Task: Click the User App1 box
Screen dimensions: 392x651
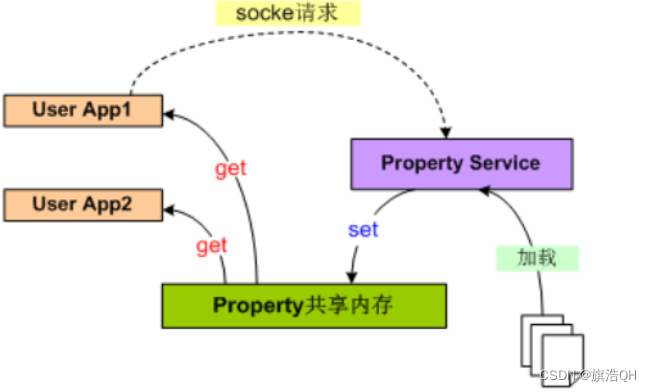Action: (x=83, y=108)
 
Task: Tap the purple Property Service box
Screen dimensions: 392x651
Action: (x=461, y=163)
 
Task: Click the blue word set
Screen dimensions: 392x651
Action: (x=362, y=230)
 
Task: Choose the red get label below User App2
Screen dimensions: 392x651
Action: (x=212, y=245)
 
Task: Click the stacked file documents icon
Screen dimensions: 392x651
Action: (x=548, y=345)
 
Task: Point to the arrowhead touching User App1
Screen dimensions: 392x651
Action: (x=169, y=114)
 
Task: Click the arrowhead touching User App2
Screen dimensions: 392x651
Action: (x=169, y=208)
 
